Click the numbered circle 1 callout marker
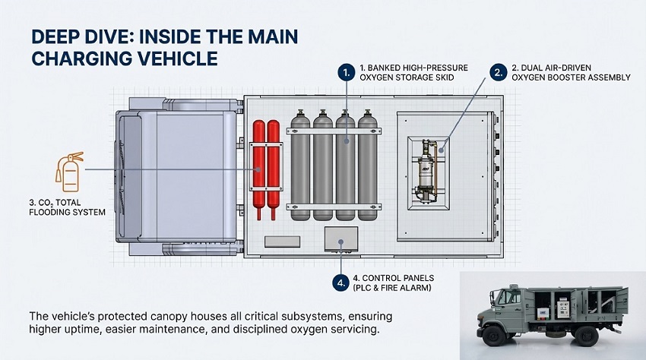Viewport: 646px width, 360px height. (x=346, y=73)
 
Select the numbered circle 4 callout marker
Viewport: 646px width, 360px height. (x=339, y=282)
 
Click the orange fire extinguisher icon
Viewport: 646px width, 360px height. (x=68, y=172)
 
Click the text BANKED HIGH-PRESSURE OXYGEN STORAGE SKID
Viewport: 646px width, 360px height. (x=413, y=72)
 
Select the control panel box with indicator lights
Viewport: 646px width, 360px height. (x=340, y=238)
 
